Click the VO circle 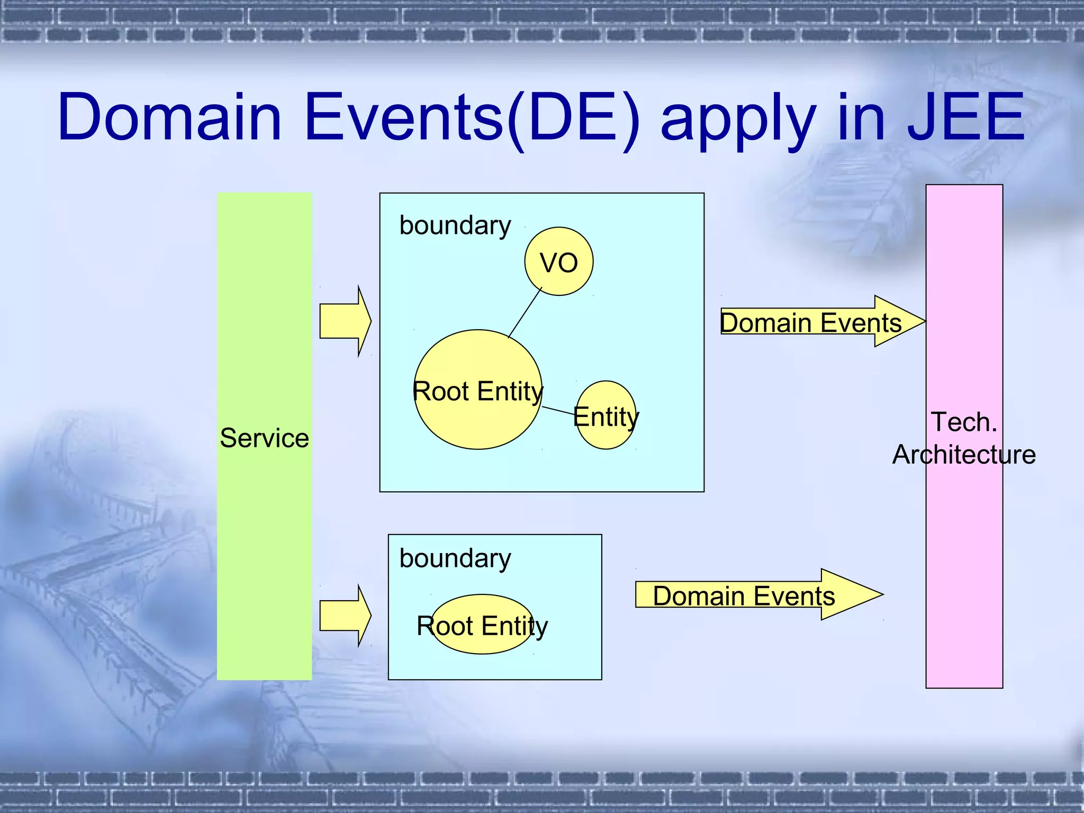(x=558, y=261)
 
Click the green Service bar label (x=264, y=438)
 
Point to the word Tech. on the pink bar (x=964, y=422)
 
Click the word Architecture (x=964, y=455)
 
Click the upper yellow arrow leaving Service (x=345, y=321)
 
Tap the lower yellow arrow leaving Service (x=345, y=616)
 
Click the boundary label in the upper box (x=455, y=226)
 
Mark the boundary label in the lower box (x=455, y=559)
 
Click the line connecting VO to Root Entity (x=525, y=312)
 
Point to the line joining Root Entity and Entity (x=558, y=411)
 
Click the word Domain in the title (x=169, y=118)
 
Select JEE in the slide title (x=965, y=118)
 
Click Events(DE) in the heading (x=471, y=118)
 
